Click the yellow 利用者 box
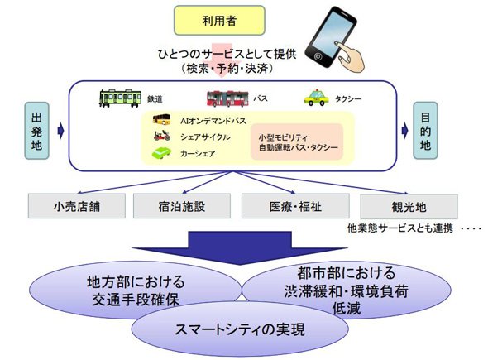tap(219, 20)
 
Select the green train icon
tap(120, 98)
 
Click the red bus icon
tap(227, 98)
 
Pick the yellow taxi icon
tap(317, 98)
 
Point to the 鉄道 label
tap(155, 99)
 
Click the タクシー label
tap(348, 99)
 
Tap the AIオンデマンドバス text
tap(213, 121)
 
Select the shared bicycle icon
tap(162, 136)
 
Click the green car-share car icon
tap(161, 153)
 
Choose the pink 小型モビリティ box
tap(297, 142)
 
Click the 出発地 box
tap(36, 131)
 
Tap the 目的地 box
tap(425, 131)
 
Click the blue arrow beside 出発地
tap(61, 131)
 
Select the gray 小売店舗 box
tap(77, 206)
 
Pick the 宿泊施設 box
tap(182, 206)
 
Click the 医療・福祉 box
tap(295, 206)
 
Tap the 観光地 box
tap(409, 206)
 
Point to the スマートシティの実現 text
tap(240, 329)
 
